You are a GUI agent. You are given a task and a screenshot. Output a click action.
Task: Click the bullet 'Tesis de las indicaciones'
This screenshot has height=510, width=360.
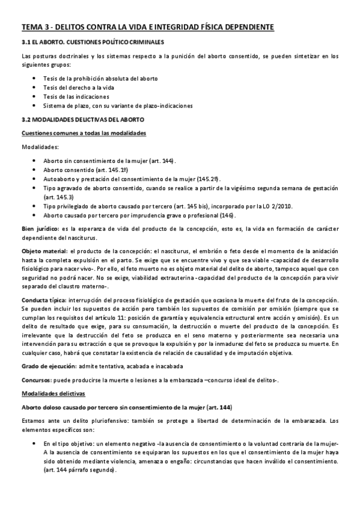pos(76,96)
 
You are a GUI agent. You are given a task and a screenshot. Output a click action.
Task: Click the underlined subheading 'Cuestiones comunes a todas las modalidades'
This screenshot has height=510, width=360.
pos(83,132)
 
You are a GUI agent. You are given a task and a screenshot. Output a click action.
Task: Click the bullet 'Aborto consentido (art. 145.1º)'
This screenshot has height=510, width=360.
pos(84,170)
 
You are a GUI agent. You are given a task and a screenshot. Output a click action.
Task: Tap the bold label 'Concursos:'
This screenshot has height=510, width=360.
pos(35,380)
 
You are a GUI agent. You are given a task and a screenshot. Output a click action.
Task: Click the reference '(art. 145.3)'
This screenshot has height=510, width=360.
pos(58,197)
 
